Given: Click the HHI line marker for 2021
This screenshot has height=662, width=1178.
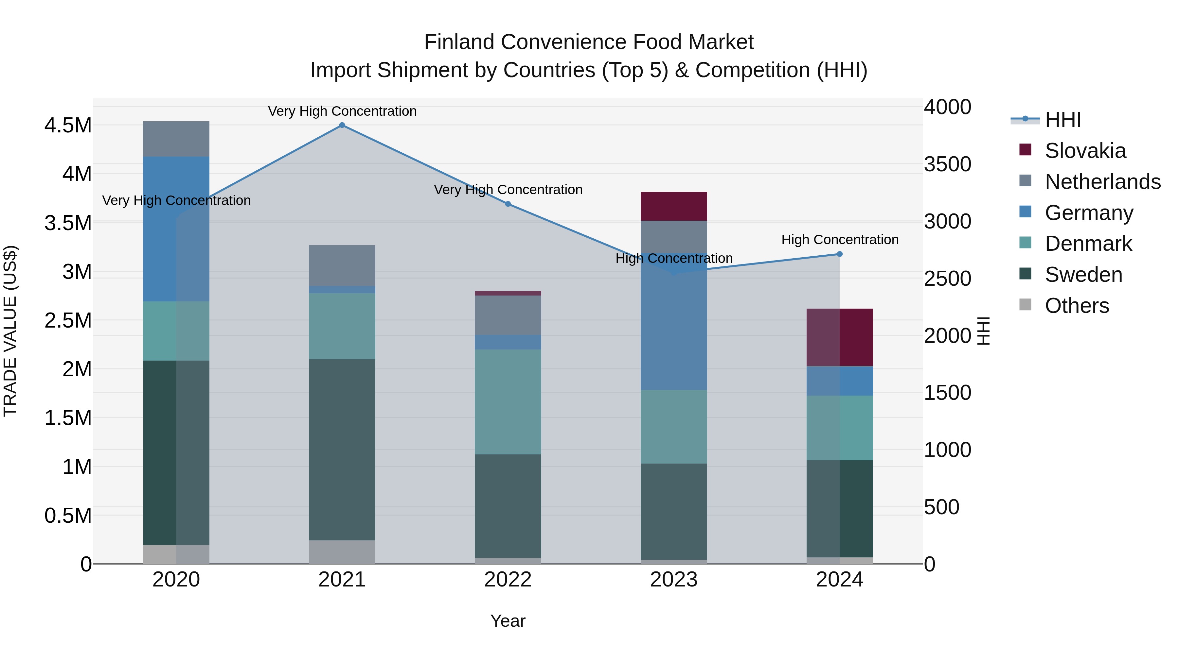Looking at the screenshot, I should click(342, 125).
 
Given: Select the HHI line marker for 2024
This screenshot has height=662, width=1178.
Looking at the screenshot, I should click(840, 254).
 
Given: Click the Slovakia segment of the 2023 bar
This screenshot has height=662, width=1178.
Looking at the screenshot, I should click(674, 207).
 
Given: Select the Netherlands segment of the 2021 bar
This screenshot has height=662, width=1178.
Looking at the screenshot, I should click(342, 265).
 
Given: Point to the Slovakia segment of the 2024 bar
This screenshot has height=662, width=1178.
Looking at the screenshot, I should click(840, 337).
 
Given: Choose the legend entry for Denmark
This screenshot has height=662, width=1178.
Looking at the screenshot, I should click(1088, 244).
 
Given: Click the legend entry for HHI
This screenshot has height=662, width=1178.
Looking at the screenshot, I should click(1063, 120).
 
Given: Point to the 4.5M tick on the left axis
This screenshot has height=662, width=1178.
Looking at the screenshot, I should click(68, 125).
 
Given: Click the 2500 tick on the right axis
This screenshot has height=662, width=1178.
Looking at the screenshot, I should click(948, 279).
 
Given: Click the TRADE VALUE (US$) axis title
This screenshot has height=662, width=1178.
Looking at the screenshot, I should click(10, 331).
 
